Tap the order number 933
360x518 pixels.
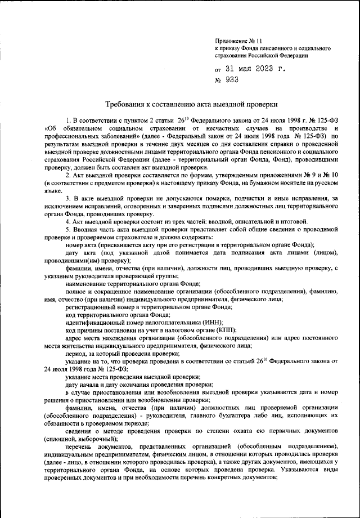tap(232, 80)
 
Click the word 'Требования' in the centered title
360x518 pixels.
tap(128, 104)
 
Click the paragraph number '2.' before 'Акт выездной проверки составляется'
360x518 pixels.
tap(68, 176)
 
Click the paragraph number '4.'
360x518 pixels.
tap(68, 221)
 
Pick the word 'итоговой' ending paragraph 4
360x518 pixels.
tap(277, 221)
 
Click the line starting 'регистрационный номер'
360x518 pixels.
tap(148, 307)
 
